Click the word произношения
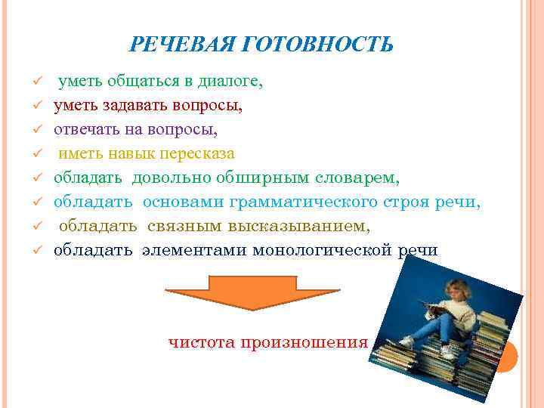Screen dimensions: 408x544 303,342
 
